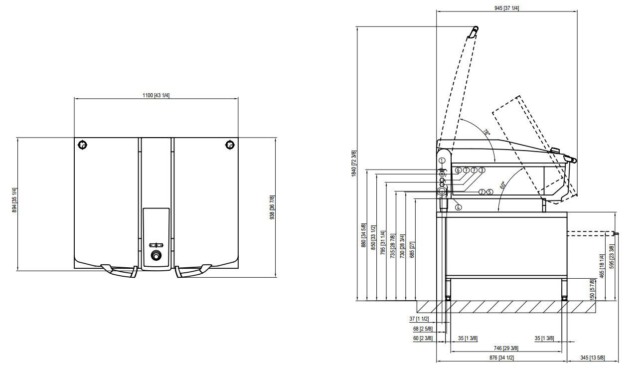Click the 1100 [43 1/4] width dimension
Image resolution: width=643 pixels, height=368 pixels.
pyautogui.click(x=156, y=95)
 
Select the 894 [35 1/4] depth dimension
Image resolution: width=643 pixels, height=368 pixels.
pyautogui.click(x=14, y=200)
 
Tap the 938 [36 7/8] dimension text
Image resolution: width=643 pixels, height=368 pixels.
pyautogui.click(x=272, y=207)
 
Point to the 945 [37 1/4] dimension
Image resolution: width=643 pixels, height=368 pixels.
pyautogui.click(x=506, y=8)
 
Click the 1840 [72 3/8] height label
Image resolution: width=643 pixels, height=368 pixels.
pyautogui.click(x=354, y=164)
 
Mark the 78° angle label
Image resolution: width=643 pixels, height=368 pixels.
pyautogui.click(x=486, y=133)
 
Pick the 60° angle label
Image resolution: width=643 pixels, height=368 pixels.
pyautogui.click(x=502, y=185)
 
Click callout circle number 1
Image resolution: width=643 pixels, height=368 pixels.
pyautogui.click(x=442, y=160)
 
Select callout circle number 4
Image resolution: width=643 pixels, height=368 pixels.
pyautogui.click(x=459, y=207)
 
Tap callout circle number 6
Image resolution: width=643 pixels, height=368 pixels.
pyautogui.click(x=458, y=170)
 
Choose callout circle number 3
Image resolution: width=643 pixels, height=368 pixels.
pyautogui.click(x=482, y=170)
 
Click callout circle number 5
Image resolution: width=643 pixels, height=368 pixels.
pyautogui.click(x=489, y=192)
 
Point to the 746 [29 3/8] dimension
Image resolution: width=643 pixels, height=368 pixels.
pyautogui.click(x=506, y=348)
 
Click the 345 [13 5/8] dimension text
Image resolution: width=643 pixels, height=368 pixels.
pyautogui.click(x=593, y=358)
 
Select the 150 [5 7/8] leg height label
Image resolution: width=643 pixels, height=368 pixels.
pyautogui.click(x=592, y=289)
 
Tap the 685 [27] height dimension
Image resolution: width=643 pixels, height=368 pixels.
pyautogui.click(x=412, y=250)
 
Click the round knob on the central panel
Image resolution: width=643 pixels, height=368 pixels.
pyautogui.click(x=157, y=255)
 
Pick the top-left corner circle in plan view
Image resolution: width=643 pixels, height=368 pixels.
pyautogui.click(x=83, y=145)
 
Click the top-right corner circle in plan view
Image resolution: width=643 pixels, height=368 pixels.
pyautogui.click(x=230, y=145)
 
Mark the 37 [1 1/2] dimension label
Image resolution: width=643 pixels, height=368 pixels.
pyautogui.click(x=419, y=319)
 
